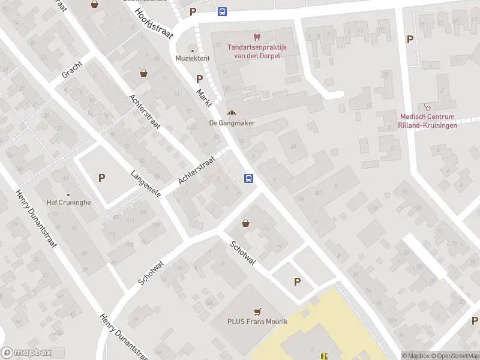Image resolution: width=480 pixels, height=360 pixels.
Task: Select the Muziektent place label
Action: coord(192,58)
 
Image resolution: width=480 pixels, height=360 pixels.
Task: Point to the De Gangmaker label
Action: coord(232,123)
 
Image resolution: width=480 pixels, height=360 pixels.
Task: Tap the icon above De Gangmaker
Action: coord(232,112)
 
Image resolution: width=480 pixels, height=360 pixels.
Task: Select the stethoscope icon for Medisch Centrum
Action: coord(427,106)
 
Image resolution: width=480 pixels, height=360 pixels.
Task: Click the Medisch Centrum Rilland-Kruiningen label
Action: coord(428,121)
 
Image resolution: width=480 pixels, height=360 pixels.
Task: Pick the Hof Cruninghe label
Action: coord(69,203)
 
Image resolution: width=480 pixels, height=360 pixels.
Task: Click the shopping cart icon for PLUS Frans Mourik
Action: coord(257,311)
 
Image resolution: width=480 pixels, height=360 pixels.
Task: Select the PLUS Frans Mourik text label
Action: coord(257,322)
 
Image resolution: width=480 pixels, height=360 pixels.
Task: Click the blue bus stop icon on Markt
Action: coord(248,178)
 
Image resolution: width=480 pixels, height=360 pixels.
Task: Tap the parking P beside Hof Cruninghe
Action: coord(101,178)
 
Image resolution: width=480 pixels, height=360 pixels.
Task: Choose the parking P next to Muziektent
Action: coord(199,79)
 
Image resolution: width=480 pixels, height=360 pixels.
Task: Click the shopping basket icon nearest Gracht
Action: coord(144,73)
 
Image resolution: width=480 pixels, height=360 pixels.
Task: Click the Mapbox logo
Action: coord(26,353)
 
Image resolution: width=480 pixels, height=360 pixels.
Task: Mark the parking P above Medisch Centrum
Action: coord(410,40)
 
